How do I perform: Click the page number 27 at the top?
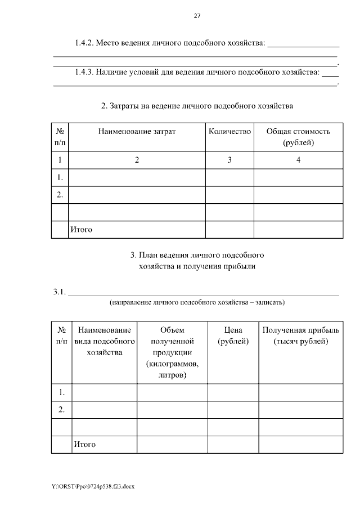[x=197, y=16]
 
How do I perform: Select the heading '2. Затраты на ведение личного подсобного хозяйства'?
[x=197, y=105]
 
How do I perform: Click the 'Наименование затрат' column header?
[x=137, y=131]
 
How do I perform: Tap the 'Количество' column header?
[x=229, y=131]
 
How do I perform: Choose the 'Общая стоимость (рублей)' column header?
[x=298, y=137]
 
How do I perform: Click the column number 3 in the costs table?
[x=229, y=160]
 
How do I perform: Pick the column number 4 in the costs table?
[x=298, y=160]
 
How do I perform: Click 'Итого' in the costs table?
[x=81, y=229]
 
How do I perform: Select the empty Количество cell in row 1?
[x=229, y=177]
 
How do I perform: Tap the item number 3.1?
[x=60, y=292]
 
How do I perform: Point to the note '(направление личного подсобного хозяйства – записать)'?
[x=197, y=302]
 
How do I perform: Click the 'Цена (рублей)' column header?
[x=233, y=335]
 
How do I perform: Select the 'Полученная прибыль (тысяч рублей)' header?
[x=300, y=335]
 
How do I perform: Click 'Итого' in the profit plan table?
[x=84, y=444]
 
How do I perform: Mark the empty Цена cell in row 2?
[x=233, y=409]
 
